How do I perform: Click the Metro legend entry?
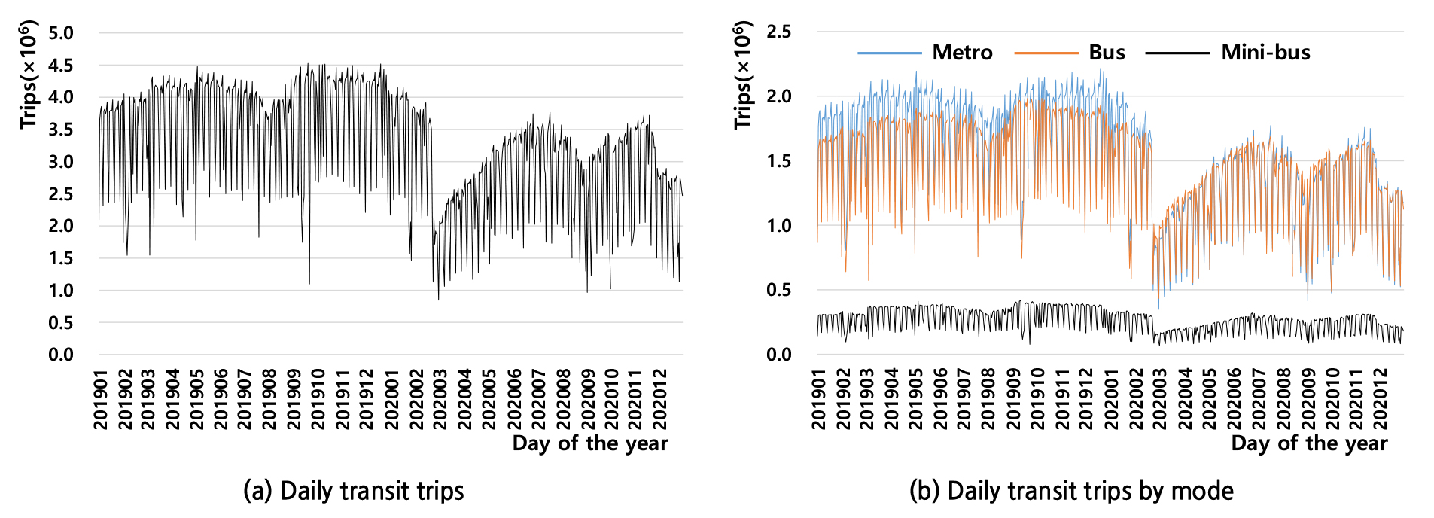click(x=961, y=53)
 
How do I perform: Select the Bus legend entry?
click(x=1106, y=53)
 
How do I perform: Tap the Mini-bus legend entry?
click(x=1265, y=53)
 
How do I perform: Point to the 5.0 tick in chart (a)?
click(x=61, y=33)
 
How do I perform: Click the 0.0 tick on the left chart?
click(x=61, y=355)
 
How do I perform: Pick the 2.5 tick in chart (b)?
click(x=779, y=32)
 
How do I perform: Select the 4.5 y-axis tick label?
click(x=61, y=66)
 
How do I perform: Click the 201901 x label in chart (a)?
click(x=101, y=398)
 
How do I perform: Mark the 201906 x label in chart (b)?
click(x=940, y=398)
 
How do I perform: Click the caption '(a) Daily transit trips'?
click(x=353, y=491)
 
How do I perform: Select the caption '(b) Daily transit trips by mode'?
click(x=1071, y=491)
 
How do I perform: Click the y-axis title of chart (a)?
click(x=29, y=75)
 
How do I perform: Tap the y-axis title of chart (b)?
click(x=743, y=75)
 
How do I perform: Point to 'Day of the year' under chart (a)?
click(x=589, y=443)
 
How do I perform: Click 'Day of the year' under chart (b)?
click(x=1308, y=443)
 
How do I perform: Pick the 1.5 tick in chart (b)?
click(x=779, y=161)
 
